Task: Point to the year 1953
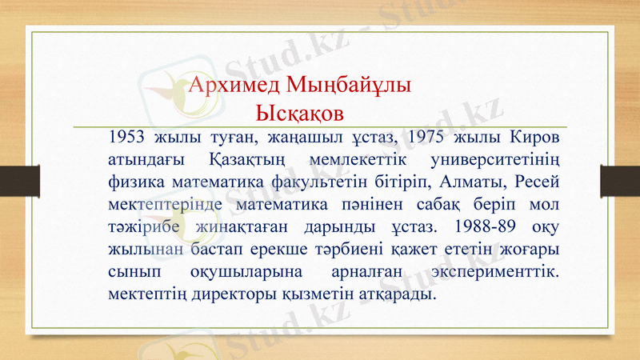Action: click(126, 135)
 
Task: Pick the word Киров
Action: click(533, 135)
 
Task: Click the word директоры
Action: click(210, 294)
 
